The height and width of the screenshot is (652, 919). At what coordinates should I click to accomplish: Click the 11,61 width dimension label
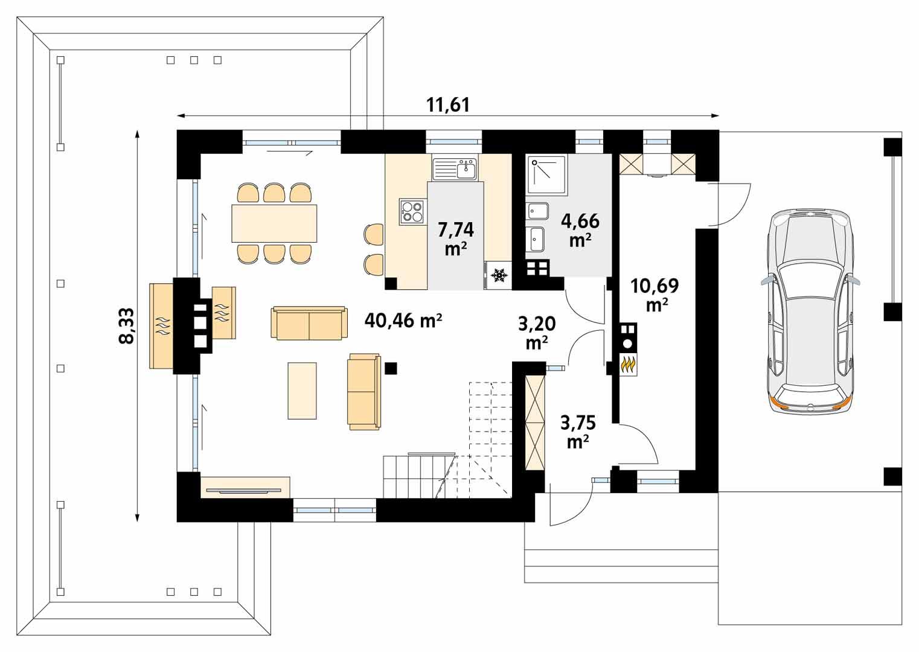coord(447,104)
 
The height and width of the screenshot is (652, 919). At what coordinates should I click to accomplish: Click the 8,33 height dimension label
coord(126,326)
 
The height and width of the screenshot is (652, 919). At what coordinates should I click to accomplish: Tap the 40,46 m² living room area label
coord(403,320)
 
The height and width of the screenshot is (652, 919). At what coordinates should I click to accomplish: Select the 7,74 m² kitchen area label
coord(456,238)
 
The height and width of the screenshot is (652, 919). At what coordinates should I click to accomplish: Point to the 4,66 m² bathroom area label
coord(580,229)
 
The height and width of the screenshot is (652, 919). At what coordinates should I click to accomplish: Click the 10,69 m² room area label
coord(655,294)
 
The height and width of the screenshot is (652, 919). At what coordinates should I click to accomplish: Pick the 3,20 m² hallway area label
coord(537,333)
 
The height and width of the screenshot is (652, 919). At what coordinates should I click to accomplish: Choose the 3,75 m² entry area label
coord(578,431)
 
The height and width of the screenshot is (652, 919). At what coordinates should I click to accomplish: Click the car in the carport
coord(810,312)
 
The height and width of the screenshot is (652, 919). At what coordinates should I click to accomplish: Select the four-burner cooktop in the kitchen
coord(412,212)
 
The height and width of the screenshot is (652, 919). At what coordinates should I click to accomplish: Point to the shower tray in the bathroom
coord(547,176)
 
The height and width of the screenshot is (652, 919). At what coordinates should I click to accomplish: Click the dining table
coord(274,223)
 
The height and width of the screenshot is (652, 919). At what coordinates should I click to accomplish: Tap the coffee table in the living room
coord(302,390)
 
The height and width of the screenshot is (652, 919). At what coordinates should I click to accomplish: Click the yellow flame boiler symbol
coord(629,365)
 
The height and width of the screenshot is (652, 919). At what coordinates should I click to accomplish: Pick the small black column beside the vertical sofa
coord(391,368)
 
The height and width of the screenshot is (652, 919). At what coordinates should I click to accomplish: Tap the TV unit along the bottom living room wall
coord(245,487)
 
